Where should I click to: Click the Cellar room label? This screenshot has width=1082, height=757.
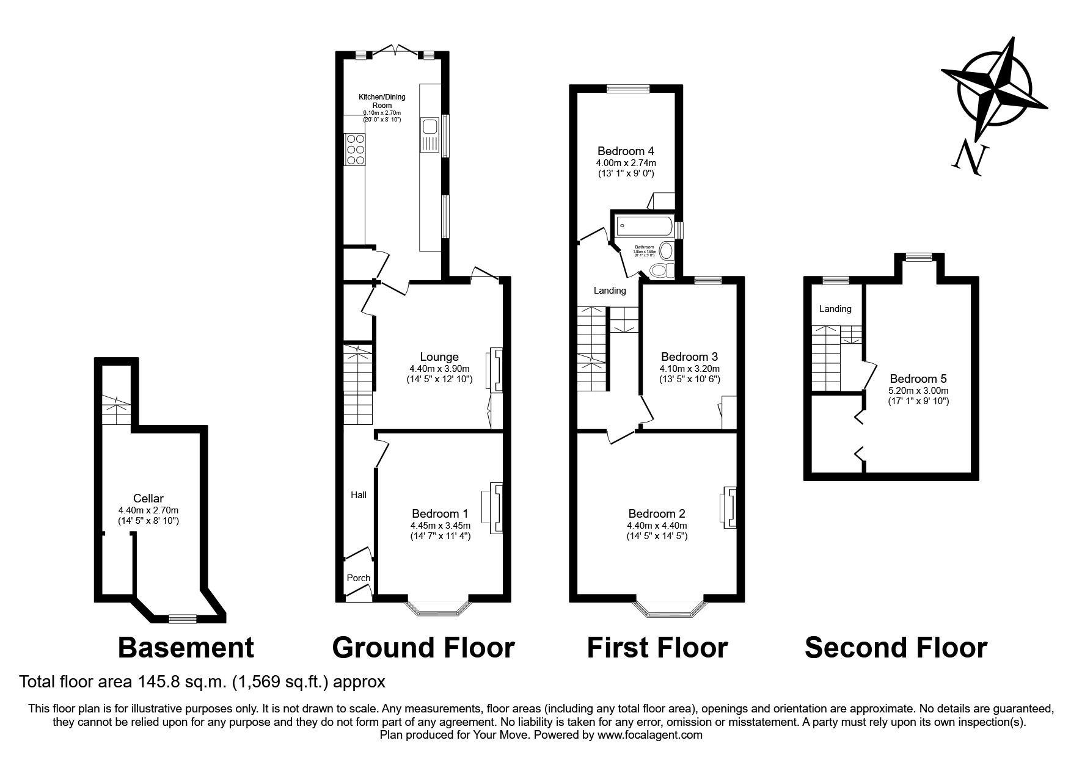pos(148,499)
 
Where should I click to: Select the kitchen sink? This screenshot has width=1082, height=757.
pos(430,136)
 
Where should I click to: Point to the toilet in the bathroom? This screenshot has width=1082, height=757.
pos(660,270)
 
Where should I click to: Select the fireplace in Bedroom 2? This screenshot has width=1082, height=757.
pos(728,507)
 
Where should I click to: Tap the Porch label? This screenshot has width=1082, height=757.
pos(359,578)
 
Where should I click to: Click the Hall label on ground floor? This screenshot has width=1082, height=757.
pos(359,495)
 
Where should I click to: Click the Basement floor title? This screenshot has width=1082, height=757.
pos(185,648)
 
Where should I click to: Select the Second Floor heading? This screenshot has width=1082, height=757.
pos(896,648)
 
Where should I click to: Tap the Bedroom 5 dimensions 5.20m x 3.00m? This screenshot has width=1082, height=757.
pos(918,391)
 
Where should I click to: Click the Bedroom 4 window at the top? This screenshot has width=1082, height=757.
pos(628,89)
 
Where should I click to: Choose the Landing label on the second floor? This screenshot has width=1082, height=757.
pos(835,309)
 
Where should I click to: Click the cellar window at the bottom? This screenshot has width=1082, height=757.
pos(183,619)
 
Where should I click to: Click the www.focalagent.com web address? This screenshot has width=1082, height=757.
pos(650,735)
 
